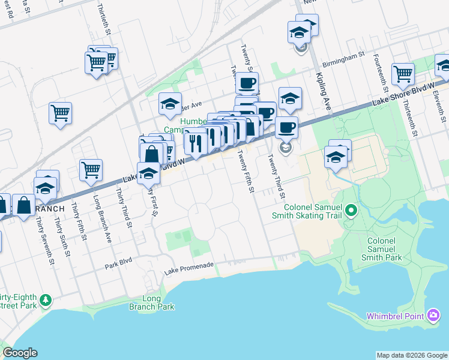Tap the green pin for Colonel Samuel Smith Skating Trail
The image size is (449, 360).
pos(352,210)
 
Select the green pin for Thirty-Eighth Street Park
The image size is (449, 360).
pos(45,299)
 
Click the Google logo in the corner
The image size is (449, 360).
pos(20,353)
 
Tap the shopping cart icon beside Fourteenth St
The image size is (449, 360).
pos(403,74)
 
